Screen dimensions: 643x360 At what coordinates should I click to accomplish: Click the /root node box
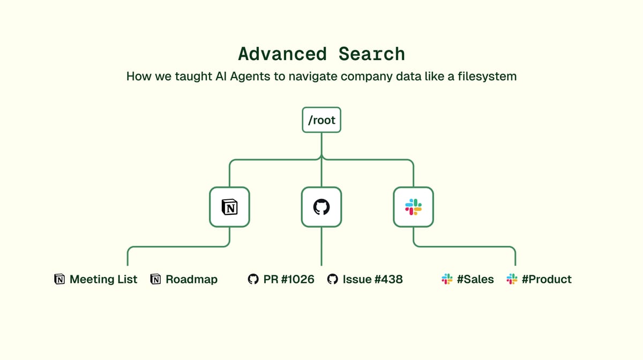pos(322,120)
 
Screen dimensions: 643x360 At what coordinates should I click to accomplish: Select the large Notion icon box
pos(229,207)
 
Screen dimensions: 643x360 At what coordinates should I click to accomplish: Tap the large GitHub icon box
pos(322,207)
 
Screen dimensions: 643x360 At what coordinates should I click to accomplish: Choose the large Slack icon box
pos(413,207)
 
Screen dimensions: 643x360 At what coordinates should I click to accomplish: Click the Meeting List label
pos(103,279)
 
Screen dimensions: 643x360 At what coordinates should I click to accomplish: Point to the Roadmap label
pos(191,279)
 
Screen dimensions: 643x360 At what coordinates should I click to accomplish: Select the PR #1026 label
pos(289,279)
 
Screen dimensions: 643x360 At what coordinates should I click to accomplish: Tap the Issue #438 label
pos(372,279)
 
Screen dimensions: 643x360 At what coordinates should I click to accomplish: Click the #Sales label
pos(475,279)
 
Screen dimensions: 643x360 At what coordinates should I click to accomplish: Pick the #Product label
pos(547,279)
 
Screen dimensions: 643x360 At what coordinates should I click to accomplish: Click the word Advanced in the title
pos(282,54)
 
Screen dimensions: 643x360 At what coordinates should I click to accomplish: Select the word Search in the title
pos(372,54)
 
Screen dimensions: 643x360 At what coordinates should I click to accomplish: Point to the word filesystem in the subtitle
pos(487,77)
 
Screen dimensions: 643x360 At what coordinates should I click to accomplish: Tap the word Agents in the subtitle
pos(250,77)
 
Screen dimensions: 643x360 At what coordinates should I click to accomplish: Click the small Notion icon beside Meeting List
pos(59,279)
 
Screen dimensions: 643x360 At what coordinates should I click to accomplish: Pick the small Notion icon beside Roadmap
pos(155,279)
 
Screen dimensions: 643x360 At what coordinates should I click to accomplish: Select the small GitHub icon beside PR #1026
pos(253,279)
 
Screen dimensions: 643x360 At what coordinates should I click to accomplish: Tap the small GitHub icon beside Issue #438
pos(333,279)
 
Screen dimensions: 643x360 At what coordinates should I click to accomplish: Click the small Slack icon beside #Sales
pos(447,279)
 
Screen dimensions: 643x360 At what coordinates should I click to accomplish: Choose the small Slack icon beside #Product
pos(512,279)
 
